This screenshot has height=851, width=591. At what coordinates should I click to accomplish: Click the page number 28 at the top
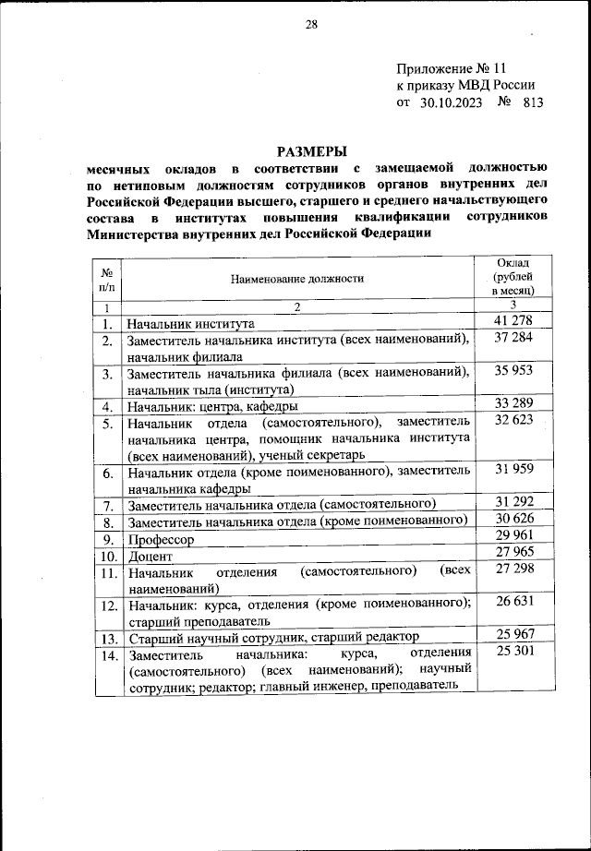click(x=311, y=26)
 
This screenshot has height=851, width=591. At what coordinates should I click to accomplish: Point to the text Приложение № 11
click(x=452, y=69)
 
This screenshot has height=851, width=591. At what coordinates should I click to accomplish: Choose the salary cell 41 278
click(x=515, y=321)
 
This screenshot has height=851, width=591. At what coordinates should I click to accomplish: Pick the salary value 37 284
click(x=515, y=340)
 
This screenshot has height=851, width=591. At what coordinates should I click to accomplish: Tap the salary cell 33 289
click(x=515, y=404)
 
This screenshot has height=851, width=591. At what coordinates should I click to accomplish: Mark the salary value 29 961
click(x=515, y=538)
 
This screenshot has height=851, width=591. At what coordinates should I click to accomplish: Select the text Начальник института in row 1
click(x=190, y=323)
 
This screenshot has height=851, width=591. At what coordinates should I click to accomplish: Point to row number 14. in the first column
click(x=108, y=655)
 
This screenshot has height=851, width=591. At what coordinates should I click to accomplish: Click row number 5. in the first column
click(x=108, y=424)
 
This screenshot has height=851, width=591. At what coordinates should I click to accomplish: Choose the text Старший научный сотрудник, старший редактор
click(x=274, y=637)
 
